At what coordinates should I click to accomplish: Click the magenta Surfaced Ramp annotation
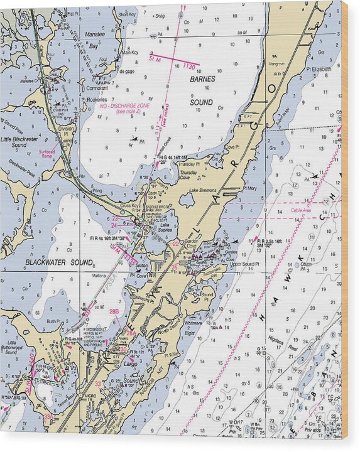(46, 153)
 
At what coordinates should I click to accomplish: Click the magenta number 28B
(114, 311)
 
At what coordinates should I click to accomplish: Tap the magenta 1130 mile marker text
(190, 65)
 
